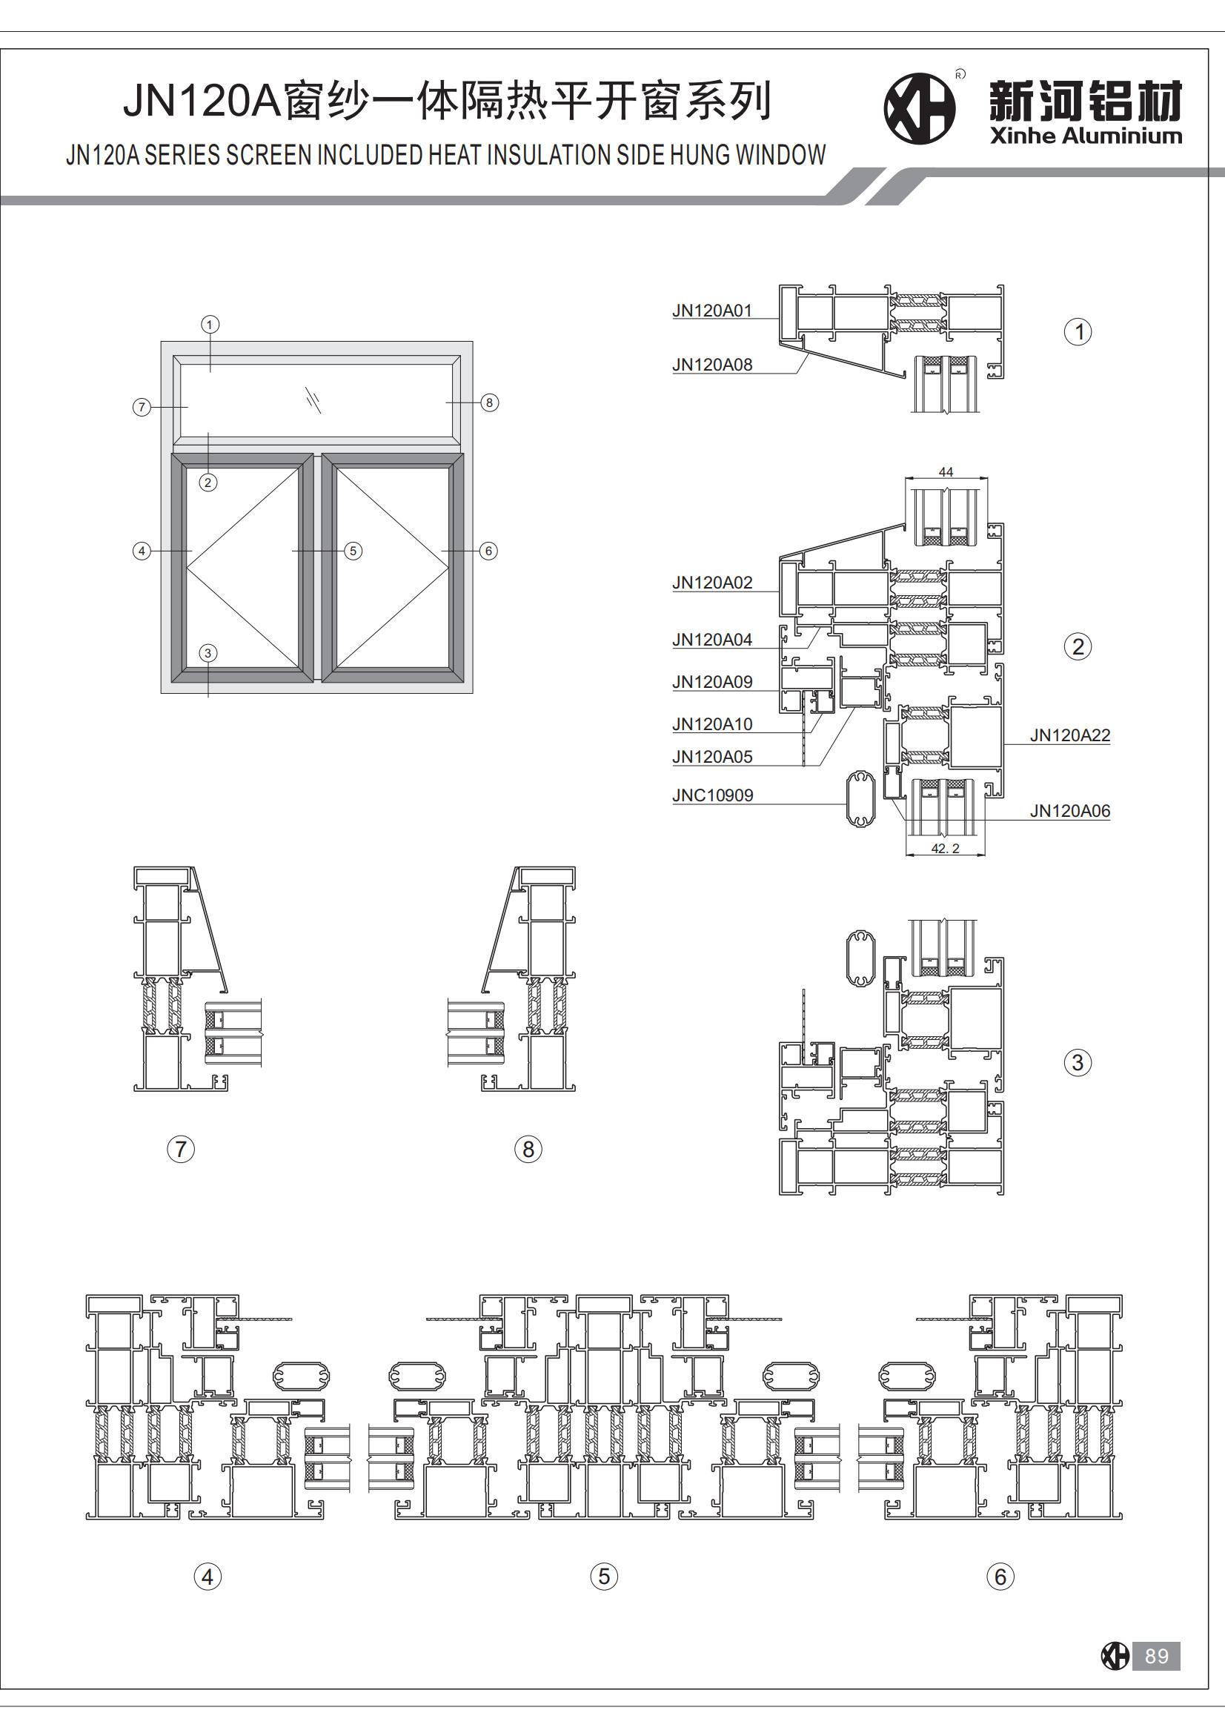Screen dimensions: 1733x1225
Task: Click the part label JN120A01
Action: pyautogui.click(x=711, y=311)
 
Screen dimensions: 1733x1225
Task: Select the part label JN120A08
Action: pyautogui.click(x=711, y=365)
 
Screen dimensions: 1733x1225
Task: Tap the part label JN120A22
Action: pyautogui.click(x=1069, y=735)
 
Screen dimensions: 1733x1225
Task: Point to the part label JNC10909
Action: pyautogui.click(x=712, y=795)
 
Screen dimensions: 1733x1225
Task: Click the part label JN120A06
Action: pyautogui.click(x=1069, y=811)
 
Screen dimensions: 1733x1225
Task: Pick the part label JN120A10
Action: pyautogui.click(x=711, y=724)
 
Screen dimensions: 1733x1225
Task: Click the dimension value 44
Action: pyautogui.click(x=946, y=471)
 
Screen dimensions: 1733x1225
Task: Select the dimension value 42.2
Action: pyautogui.click(x=945, y=849)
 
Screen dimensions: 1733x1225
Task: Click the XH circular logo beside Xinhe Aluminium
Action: pyautogui.click(x=920, y=109)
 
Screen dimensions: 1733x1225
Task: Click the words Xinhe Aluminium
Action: pyautogui.click(x=1086, y=136)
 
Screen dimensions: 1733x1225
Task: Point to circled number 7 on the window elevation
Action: pyautogui.click(x=141, y=408)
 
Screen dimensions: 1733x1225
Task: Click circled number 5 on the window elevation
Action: pyautogui.click(x=353, y=551)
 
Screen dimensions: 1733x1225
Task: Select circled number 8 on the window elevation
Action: pyautogui.click(x=489, y=402)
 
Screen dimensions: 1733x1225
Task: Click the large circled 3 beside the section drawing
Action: pyautogui.click(x=1077, y=1063)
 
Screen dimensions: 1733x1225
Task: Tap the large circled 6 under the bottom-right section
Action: pyautogui.click(x=1000, y=1576)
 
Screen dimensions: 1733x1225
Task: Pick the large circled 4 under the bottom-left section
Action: pyautogui.click(x=208, y=1576)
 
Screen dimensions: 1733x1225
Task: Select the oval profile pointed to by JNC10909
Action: pyautogui.click(x=860, y=799)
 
